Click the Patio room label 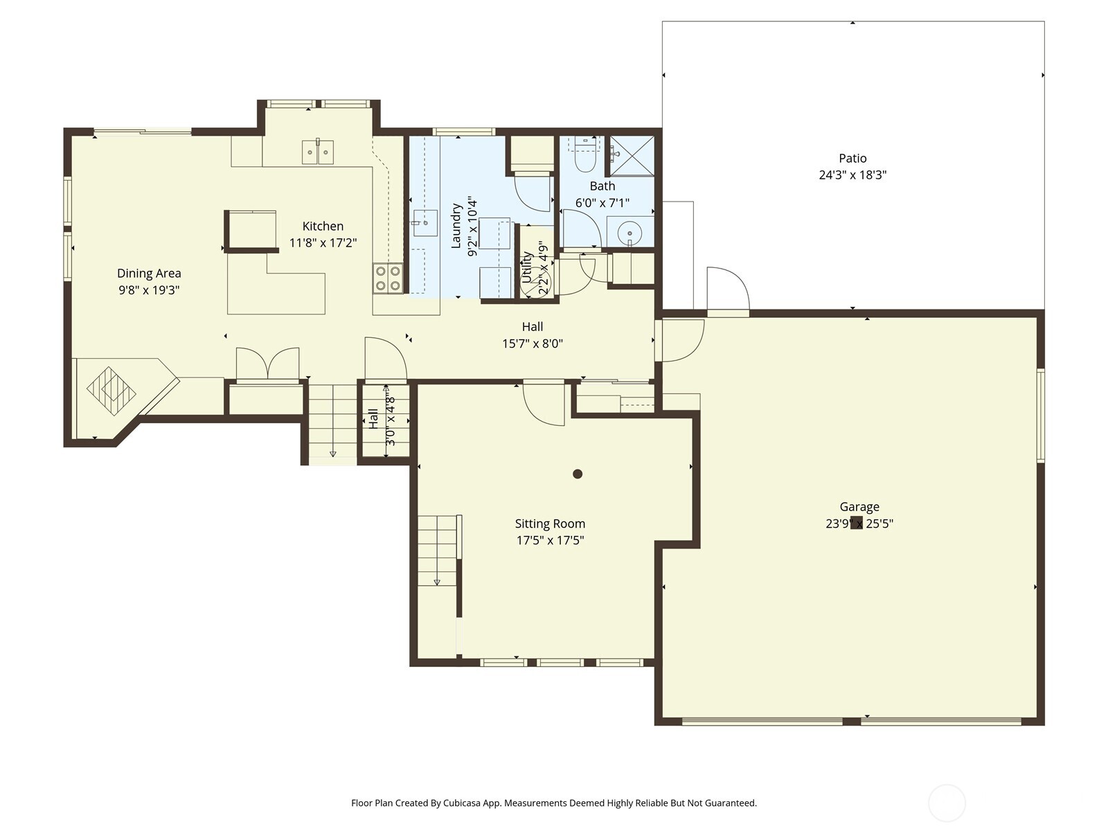852,159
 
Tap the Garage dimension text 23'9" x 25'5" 859,524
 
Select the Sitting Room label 550,524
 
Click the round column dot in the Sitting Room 578,474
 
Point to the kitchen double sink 318,152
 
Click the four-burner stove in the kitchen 388,278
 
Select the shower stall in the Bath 632,156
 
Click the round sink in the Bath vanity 629,232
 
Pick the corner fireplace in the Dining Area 112,391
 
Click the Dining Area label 149,274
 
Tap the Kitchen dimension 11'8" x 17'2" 323,243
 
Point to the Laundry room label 456,226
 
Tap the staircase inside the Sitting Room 438,551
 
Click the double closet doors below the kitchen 268,364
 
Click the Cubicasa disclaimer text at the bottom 553,803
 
